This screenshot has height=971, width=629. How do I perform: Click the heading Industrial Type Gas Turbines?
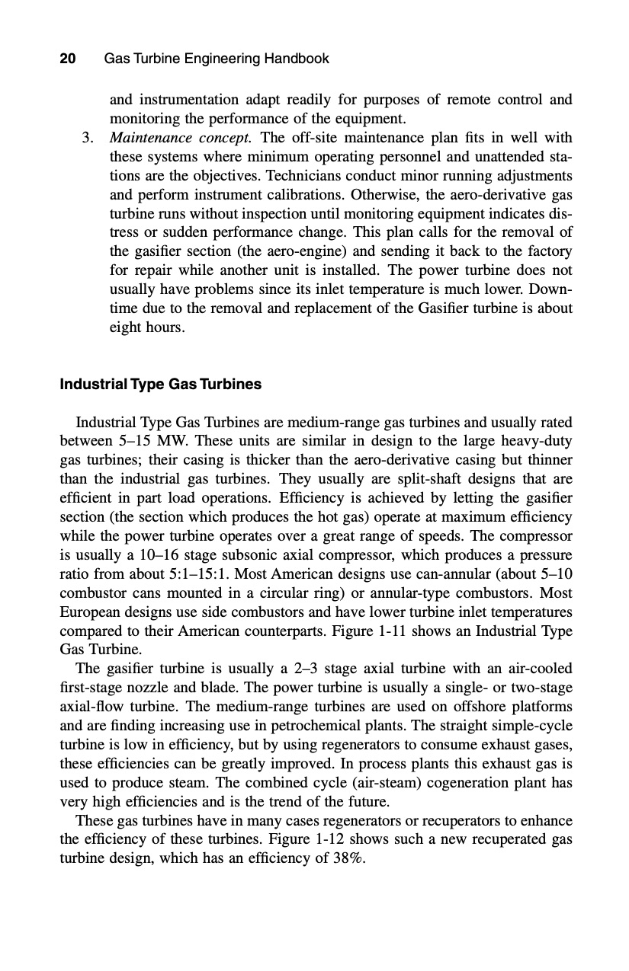coord(160,385)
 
